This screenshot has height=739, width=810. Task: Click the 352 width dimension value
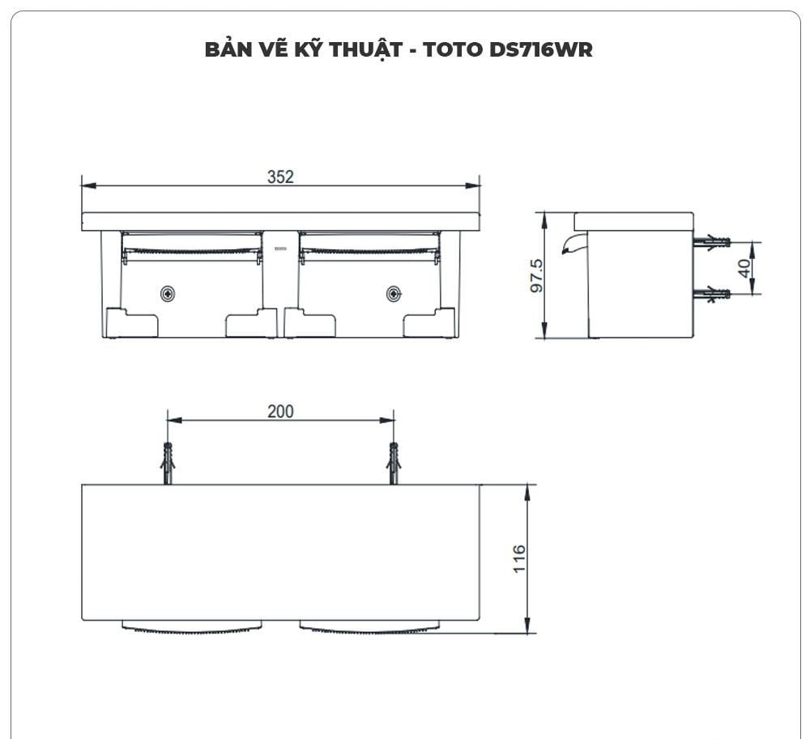280,176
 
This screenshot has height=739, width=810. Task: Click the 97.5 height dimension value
536,277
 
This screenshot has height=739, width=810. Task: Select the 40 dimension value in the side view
744,268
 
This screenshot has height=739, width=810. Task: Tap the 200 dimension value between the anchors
280,411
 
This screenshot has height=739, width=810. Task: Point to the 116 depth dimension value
518,558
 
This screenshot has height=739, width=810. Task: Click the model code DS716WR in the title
541,49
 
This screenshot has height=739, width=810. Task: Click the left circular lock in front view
168,293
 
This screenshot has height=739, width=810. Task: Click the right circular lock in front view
394,293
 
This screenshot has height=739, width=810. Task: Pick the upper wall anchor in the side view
714,241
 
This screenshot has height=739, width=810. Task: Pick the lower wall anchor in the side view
714,294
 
